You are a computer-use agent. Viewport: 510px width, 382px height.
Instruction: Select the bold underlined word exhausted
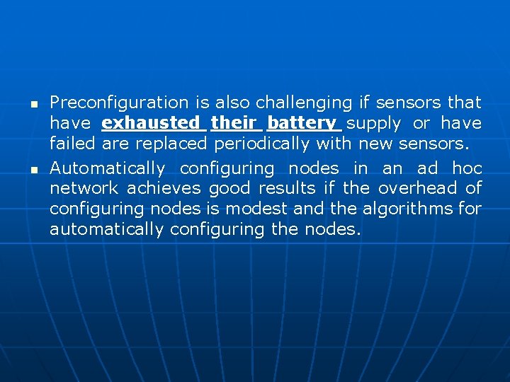click(x=151, y=124)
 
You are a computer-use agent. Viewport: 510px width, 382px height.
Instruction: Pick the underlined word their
click(x=234, y=124)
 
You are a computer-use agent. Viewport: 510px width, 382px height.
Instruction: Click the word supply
click(x=373, y=124)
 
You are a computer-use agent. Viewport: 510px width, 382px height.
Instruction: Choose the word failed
click(x=73, y=144)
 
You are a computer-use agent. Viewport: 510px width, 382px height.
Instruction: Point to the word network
click(x=84, y=189)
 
